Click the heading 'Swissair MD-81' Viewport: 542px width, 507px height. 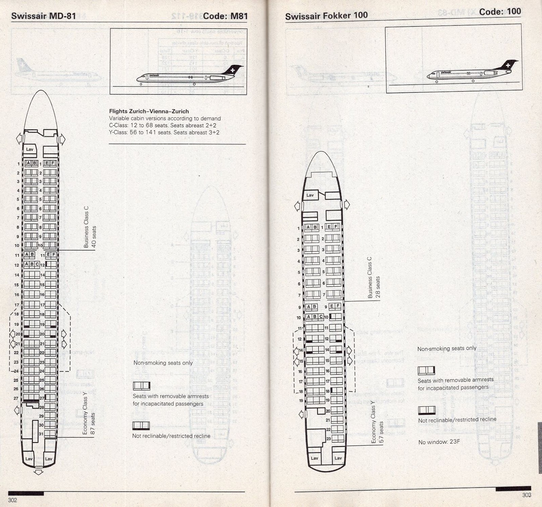tap(43, 16)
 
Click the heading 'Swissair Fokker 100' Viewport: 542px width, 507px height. tap(326, 16)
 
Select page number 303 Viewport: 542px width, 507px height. tap(526, 495)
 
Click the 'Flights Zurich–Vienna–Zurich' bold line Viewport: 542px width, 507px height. tap(149, 111)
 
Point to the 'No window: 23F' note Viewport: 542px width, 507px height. tap(439, 442)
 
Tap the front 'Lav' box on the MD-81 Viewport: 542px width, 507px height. tap(29, 149)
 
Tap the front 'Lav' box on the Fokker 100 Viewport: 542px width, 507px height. tap(310, 195)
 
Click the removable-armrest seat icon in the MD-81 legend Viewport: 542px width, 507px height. tap(141, 385)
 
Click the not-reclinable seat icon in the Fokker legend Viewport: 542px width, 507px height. tap(426, 410)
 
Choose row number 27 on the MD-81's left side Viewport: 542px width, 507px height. tap(16, 398)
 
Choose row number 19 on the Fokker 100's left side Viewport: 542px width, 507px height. tap(301, 401)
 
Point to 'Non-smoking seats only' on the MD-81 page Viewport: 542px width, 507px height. tap(163, 363)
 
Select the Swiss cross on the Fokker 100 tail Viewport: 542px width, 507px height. tap(508, 65)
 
